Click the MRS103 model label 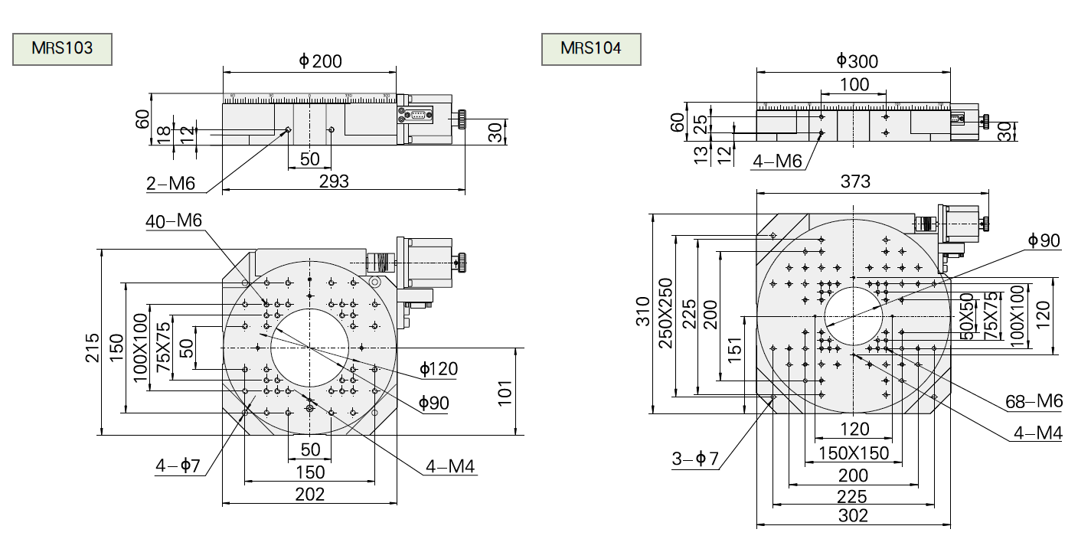(62, 48)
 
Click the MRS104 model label (590, 48)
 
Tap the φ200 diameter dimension (320, 61)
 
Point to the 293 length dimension (334, 181)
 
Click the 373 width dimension (855, 182)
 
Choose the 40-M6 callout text (174, 221)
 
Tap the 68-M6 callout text (1034, 401)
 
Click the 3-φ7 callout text (695, 459)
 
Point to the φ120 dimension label (439, 370)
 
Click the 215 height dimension (93, 348)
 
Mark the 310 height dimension (642, 312)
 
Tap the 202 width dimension (309, 494)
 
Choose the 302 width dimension (854, 516)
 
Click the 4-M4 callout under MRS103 (452, 465)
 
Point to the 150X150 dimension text (854, 453)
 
